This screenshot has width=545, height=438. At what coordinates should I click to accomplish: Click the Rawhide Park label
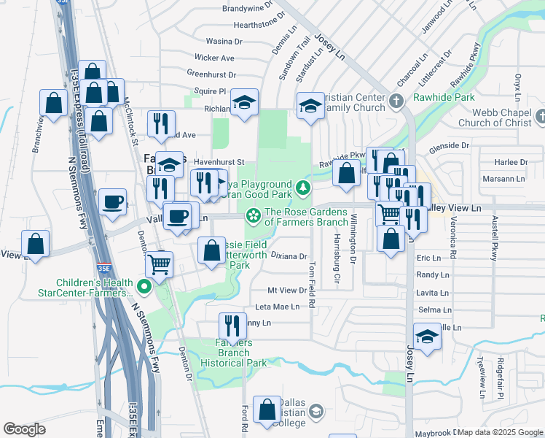click(444, 97)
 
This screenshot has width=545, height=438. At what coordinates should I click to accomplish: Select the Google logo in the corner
click(24, 429)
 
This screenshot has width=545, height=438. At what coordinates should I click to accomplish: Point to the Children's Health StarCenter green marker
click(144, 288)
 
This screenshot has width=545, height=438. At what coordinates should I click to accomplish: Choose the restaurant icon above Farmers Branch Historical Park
click(232, 326)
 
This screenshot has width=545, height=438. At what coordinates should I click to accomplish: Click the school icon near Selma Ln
click(428, 337)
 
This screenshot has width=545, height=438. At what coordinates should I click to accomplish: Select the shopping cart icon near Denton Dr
click(159, 264)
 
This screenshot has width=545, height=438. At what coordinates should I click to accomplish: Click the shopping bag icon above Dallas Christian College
click(268, 410)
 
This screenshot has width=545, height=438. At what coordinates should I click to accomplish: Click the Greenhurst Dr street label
click(212, 74)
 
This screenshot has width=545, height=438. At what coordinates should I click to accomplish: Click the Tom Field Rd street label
click(312, 273)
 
